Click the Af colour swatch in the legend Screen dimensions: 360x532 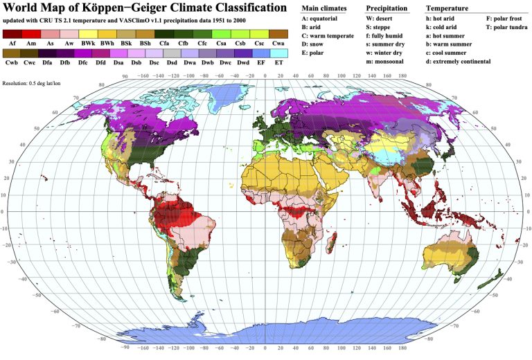click(12, 34)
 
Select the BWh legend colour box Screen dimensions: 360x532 click(107, 34)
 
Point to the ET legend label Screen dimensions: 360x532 click(278, 62)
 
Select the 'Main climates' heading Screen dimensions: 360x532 click(323, 8)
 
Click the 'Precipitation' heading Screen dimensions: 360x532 click(387, 8)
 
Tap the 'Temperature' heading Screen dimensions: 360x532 click(447, 8)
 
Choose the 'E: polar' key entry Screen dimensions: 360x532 click(316, 53)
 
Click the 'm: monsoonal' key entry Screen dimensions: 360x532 click(390, 62)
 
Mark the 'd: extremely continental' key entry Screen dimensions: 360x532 click(458, 62)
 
